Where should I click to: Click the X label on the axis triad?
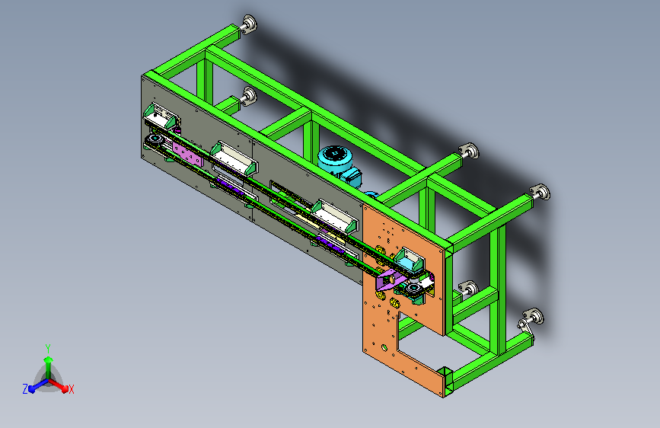click(71, 389)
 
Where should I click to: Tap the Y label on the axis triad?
click(48, 349)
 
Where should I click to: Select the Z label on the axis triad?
click(25, 389)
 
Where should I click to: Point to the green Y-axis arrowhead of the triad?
click(49, 359)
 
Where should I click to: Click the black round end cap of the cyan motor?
click(336, 153)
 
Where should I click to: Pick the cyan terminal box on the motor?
click(352, 177)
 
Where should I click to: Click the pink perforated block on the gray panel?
click(187, 153)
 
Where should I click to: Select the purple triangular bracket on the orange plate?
click(388, 280)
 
